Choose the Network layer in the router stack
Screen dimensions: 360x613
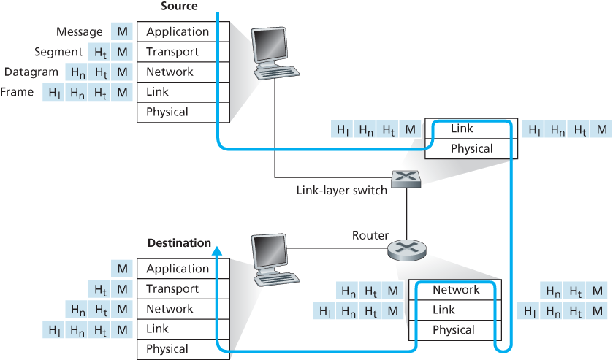(455, 290)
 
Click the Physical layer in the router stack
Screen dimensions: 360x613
(455, 329)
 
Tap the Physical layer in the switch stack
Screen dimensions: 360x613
(471, 148)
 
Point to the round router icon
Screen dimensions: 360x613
(407, 250)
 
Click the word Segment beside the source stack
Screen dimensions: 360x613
(58, 53)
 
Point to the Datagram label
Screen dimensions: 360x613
(31, 72)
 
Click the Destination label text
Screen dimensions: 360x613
(179, 242)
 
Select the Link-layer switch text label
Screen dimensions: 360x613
(341, 190)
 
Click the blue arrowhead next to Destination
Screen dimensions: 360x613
(217, 250)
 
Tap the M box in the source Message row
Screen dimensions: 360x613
(121, 32)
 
